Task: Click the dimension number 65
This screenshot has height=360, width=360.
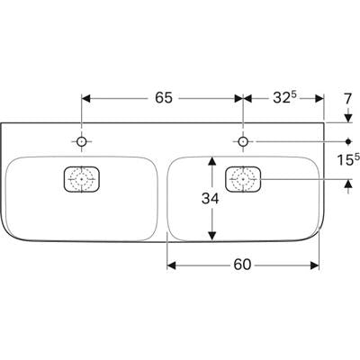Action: point(164,98)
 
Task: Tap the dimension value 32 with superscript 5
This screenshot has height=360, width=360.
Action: point(284,97)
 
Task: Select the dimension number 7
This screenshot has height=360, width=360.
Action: point(347,99)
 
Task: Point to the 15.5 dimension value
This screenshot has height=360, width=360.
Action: point(348,159)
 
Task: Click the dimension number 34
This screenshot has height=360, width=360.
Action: point(211,198)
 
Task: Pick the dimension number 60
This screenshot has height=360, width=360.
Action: point(242,265)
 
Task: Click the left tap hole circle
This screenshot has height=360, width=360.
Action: point(82,141)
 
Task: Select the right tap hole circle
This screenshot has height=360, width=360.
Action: point(243,141)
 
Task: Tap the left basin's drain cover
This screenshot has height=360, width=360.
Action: point(82,179)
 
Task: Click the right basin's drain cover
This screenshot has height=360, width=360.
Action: point(243,179)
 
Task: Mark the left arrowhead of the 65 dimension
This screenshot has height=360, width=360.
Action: point(85,98)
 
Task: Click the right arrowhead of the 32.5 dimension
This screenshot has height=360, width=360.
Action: point(319,98)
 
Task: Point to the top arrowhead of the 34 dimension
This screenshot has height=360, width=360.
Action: point(212,161)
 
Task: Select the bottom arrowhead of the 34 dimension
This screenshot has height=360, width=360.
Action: point(212,236)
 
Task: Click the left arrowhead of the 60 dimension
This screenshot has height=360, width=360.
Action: point(171,265)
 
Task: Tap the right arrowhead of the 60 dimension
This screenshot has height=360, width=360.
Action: point(314,265)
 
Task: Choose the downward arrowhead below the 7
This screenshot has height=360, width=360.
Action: point(348,118)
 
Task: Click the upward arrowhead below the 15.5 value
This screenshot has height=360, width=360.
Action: point(348,184)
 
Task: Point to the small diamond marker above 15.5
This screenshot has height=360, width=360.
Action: point(348,141)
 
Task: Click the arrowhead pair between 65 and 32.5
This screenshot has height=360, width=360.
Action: point(243,98)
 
